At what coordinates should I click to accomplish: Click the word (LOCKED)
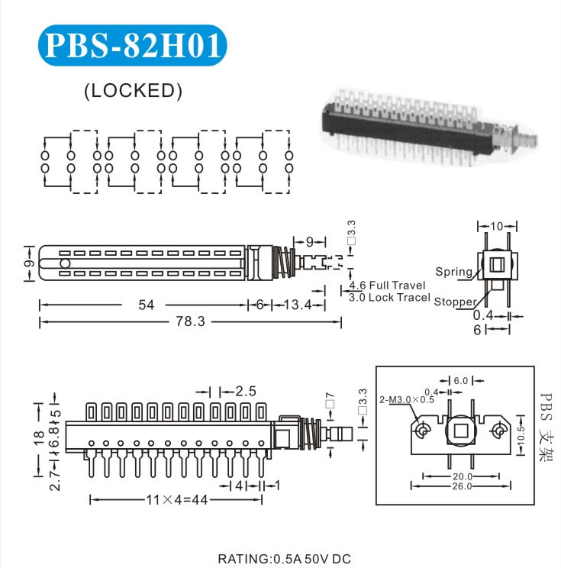[133, 90]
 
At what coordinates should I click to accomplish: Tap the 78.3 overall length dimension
[191, 322]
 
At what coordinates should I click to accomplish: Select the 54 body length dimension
[146, 305]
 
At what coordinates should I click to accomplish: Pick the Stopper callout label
[455, 302]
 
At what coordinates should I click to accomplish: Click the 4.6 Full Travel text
[387, 286]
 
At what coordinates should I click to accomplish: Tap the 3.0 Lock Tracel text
[389, 298]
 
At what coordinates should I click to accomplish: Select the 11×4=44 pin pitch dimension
[178, 500]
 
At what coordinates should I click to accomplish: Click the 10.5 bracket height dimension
[521, 433]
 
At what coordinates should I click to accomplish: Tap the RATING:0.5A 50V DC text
[285, 558]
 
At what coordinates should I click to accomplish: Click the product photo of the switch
[427, 122]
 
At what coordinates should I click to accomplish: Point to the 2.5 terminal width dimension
[245, 391]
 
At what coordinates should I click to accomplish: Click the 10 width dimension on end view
[497, 226]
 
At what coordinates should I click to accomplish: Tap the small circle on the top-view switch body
[66, 263]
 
